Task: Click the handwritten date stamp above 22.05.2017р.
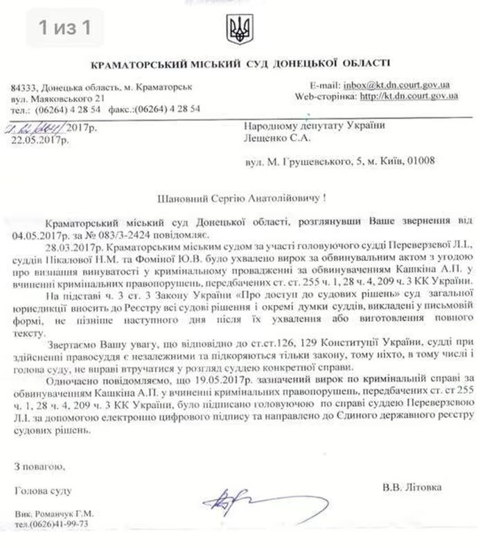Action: (x=33, y=128)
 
